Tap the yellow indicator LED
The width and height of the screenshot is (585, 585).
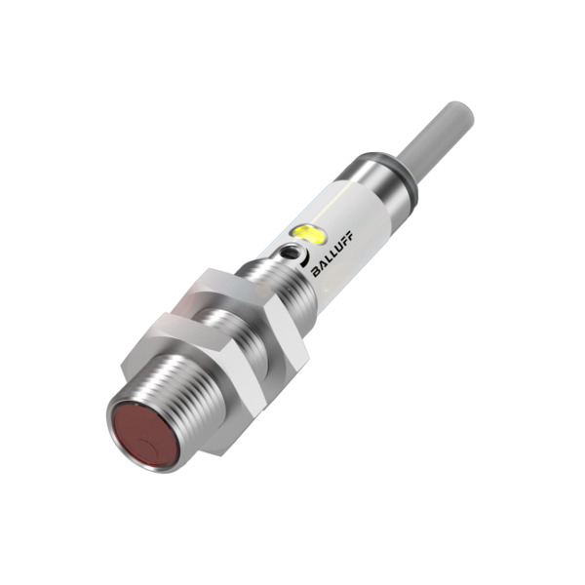click(308, 234)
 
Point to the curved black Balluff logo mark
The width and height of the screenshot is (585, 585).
click(305, 257)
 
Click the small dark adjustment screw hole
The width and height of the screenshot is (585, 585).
click(289, 253)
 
